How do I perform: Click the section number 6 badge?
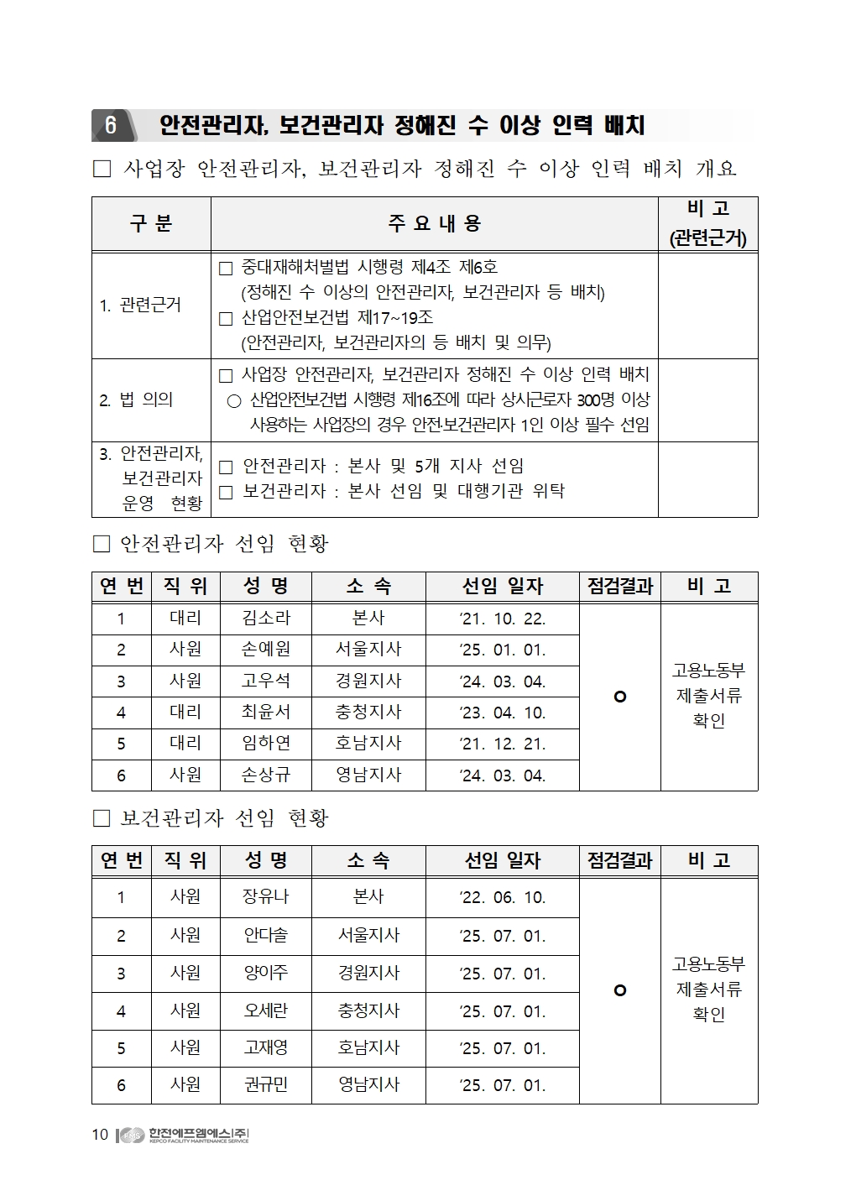(x=110, y=126)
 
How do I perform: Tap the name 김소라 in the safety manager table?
(x=265, y=619)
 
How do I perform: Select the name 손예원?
(x=265, y=650)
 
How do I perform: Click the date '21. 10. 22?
(x=502, y=619)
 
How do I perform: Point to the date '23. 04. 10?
(x=502, y=713)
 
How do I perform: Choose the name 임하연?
(x=265, y=744)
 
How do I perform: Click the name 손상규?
(x=265, y=775)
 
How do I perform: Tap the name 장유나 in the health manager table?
(x=265, y=897)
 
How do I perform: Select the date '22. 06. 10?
(x=502, y=898)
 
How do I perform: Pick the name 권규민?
(x=265, y=1085)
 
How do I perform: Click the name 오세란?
(x=265, y=1010)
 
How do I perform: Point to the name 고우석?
(x=265, y=681)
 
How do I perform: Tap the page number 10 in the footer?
(x=100, y=1136)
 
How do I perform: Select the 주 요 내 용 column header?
(x=434, y=223)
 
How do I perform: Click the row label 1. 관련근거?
(x=140, y=305)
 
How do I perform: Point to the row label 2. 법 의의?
(x=136, y=400)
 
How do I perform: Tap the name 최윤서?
(x=265, y=713)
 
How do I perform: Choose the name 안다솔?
(x=265, y=935)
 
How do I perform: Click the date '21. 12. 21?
(x=502, y=744)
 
